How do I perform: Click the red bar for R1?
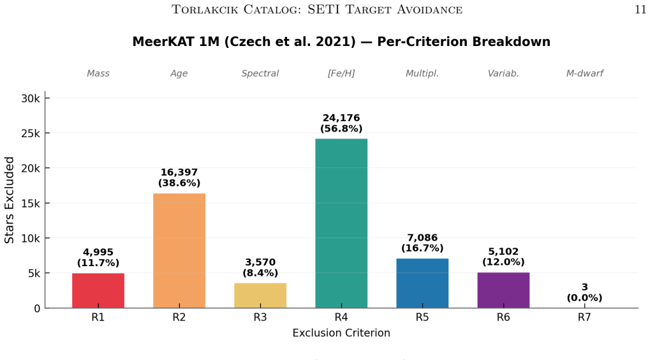[98, 290]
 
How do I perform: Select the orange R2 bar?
[179, 250]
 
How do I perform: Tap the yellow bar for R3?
[260, 296]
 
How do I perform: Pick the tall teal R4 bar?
[341, 223]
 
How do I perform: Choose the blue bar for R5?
[422, 283]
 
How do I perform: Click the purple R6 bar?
[503, 290]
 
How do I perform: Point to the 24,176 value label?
[341, 118]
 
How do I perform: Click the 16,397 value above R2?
[179, 172]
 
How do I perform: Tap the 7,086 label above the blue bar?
[422, 237]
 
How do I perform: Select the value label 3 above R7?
[584, 287]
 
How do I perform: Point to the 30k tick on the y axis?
[31, 98]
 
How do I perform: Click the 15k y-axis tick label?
[31, 203]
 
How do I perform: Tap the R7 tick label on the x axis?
[584, 317]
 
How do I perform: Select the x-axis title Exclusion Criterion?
[341, 333]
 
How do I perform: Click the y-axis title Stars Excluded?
[9, 200]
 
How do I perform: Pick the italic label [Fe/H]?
[341, 73]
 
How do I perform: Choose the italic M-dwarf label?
[584, 73]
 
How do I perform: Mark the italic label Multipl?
[422, 73]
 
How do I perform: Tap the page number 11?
[640, 10]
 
